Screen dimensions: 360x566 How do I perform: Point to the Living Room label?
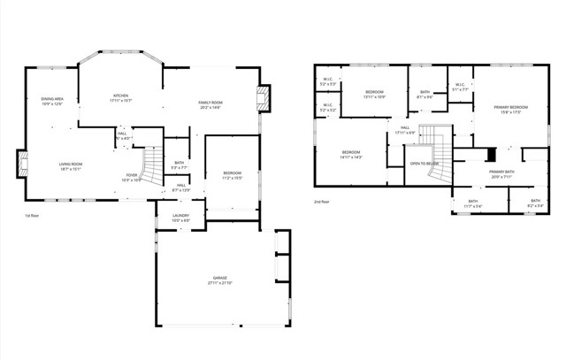coord(71,165)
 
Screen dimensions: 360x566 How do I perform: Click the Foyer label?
coord(131,177)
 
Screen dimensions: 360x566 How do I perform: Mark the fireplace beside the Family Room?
coord(263,98)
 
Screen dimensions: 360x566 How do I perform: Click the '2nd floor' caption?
coord(322,203)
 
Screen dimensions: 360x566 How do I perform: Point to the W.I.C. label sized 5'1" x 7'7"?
coord(460,87)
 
